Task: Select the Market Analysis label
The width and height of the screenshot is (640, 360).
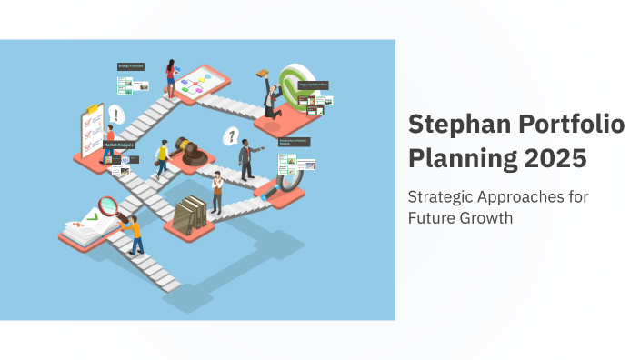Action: tap(117, 144)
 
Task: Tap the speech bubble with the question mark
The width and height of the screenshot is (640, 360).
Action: tap(233, 136)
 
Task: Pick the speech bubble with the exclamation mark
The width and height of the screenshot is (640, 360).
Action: tap(115, 115)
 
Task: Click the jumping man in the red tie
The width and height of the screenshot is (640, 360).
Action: tap(270, 100)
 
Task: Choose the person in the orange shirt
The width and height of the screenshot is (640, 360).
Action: tap(134, 234)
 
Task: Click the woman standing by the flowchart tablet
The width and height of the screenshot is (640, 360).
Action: tap(170, 78)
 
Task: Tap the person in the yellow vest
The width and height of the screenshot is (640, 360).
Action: tap(163, 158)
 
